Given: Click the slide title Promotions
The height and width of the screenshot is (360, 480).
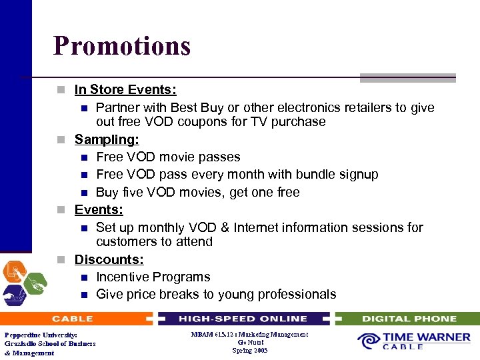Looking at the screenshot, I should tap(122, 46).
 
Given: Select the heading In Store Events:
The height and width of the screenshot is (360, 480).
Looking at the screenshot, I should tap(125, 89).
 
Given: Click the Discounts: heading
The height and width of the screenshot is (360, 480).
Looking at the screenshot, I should tap(109, 259).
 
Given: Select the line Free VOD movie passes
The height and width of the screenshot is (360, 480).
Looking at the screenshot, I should tap(168, 157).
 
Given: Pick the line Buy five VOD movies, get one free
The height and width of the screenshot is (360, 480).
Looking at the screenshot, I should tap(197, 193).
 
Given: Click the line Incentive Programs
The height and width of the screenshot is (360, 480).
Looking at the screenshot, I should tap(153, 277).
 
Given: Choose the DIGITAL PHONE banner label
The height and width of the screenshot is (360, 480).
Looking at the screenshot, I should tap(409, 319).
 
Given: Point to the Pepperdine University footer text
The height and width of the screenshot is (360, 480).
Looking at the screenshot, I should tap(41, 335).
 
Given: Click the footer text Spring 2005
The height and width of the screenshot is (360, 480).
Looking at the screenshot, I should tap(250, 351).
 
